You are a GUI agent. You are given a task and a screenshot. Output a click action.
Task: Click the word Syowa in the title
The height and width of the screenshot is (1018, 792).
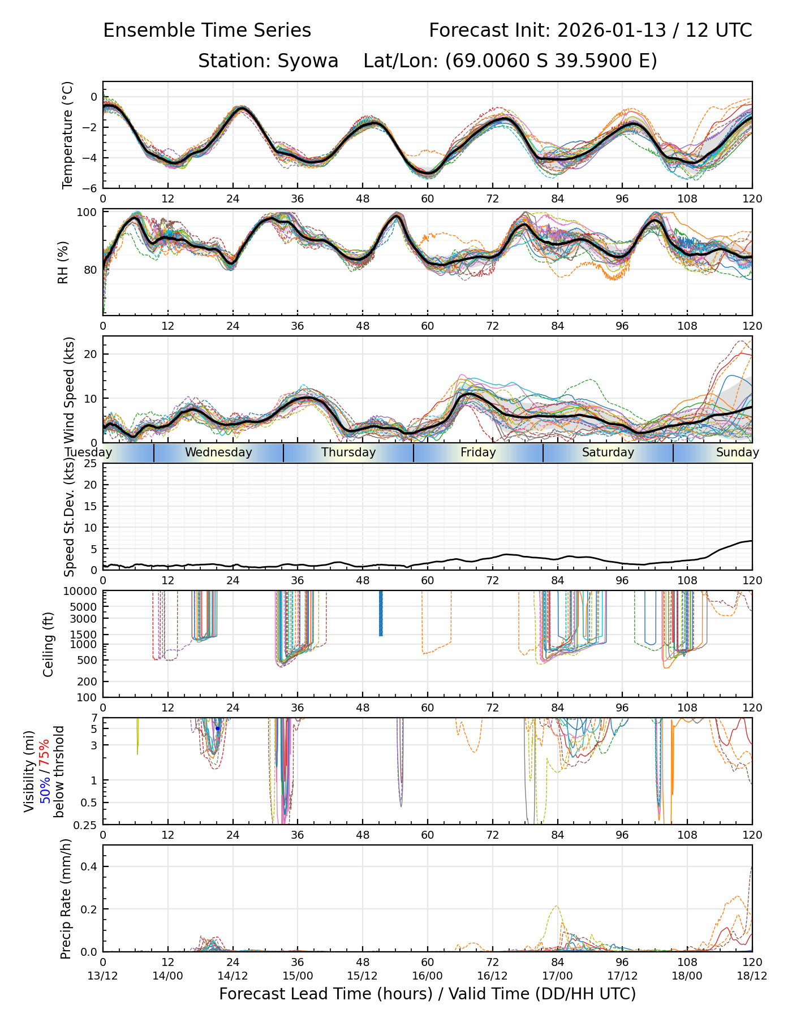click(308, 61)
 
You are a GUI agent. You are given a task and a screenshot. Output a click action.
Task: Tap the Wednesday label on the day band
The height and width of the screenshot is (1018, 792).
click(218, 452)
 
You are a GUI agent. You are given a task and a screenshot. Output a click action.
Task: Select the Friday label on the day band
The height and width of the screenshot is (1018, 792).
click(478, 452)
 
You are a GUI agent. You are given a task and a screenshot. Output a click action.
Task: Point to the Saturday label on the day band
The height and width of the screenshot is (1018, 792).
click(608, 452)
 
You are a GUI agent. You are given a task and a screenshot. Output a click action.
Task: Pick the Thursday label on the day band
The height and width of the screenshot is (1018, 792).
click(348, 452)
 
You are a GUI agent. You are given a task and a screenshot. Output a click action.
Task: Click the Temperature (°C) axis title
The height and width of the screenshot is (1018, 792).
click(68, 135)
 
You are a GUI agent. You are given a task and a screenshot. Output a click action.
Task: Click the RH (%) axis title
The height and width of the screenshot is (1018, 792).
click(63, 262)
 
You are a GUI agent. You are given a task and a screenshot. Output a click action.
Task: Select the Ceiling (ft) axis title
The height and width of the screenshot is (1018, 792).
click(49, 645)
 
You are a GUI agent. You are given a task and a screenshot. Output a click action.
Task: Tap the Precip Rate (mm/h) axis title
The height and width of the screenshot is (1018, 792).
click(66, 899)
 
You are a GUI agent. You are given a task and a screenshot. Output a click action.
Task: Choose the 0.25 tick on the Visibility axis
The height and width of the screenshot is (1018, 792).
click(87, 825)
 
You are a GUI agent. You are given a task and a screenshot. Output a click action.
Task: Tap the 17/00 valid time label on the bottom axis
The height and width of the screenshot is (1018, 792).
click(557, 976)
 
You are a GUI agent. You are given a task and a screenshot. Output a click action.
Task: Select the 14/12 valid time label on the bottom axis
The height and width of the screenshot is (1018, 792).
click(233, 976)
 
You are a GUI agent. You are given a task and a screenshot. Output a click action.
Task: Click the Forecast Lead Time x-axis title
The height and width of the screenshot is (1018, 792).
click(427, 994)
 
